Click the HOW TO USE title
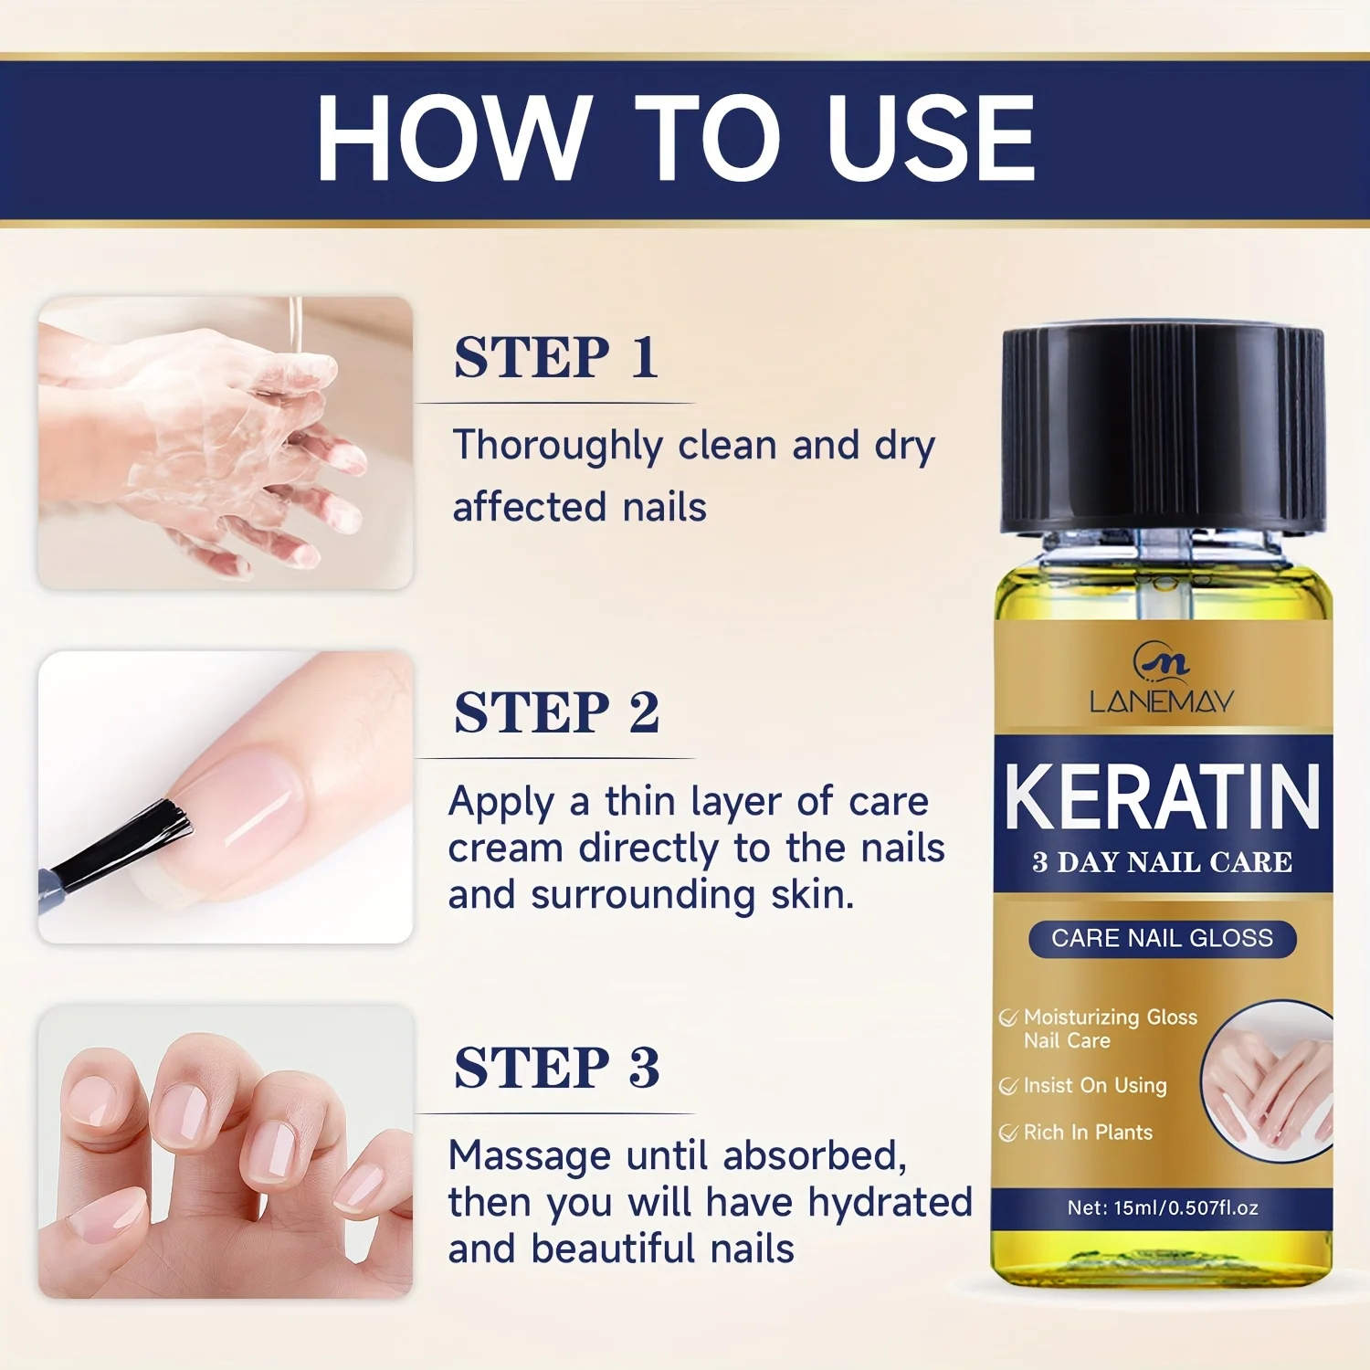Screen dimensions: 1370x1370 pyautogui.click(x=676, y=139)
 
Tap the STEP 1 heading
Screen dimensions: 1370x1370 pyautogui.click(x=555, y=357)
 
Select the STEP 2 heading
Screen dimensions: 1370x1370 pyautogui.click(x=556, y=712)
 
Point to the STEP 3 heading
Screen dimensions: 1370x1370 pyautogui.click(x=556, y=1068)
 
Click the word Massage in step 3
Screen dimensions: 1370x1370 pyautogui.click(x=530, y=1156)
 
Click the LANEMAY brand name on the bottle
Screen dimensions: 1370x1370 pyautogui.click(x=1162, y=701)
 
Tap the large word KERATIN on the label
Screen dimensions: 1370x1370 pyautogui.click(x=1162, y=797)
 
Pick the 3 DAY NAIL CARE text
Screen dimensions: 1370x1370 pyautogui.click(x=1162, y=862)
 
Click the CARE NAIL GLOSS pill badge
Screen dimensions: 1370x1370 pyautogui.click(x=1162, y=939)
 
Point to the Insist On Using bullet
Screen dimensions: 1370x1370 pyautogui.click(x=1094, y=1086)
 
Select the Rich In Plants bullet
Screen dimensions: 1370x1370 pyautogui.click(x=1087, y=1133)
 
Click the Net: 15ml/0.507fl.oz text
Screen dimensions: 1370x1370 pyautogui.click(x=1162, y=1208)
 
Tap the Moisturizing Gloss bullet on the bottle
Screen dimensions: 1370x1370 pyautogui.click(x=1109, y=1017)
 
